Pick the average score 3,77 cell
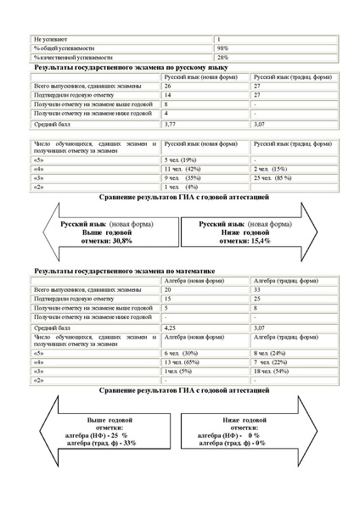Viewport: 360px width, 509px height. tap(171, 123)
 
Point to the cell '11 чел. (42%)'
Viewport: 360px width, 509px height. tap(182, 169)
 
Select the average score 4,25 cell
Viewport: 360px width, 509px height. tap(171, 324)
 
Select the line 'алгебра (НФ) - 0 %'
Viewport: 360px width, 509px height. tap(228, 434)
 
